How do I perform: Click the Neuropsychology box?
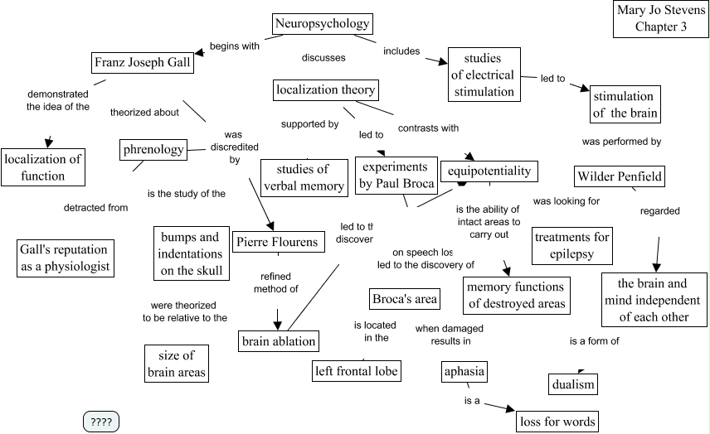pyautogui.click(x=321, y=24)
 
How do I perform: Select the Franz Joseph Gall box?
pyautogui.click(x=142, y=63)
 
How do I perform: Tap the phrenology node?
pyautogui.click(x=153, y=150)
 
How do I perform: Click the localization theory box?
pyautogui.click(x=325, y=89)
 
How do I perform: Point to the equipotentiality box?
pyautogui.click(x=489, y=171)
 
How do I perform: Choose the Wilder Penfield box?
pyautogui.click(x=620, y=176)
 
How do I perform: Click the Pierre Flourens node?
pyautogui.click(x=276, y=243)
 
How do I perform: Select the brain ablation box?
pyautogui.click(x=279, y=340)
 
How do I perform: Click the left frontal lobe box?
pyautogui.click(x=357, y=371)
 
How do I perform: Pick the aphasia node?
pyautogui.click(x=464, y=371)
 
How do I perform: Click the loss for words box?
pyautogui.click(x=557, y=422)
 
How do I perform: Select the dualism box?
pyautogui.click(x=573, y=385)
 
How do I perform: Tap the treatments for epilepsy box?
pyautogui.click(x=572, y=245)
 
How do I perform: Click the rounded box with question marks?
pyautogui.click(x=101, y=422)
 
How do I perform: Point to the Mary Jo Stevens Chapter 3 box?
pyautogui.click(x=661, y=18)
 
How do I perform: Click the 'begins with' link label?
pyautogui.click(x=235, y=46)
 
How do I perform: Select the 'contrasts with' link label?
pyautogui.click(x=428, y=128)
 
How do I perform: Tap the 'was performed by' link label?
pyautogui.click(x=621, y=142)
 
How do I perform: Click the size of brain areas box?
pyautogui.click(x=177, y=364)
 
